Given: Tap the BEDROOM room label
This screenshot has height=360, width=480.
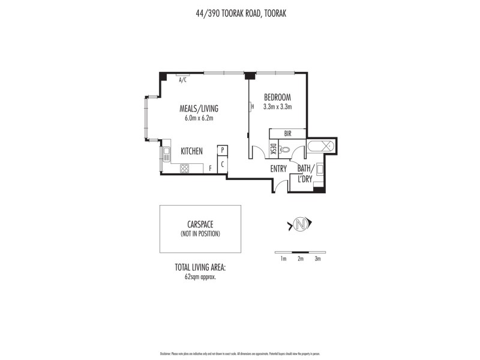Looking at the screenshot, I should [277, 97].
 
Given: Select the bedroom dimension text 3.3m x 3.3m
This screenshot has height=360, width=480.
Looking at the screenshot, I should [277, 107].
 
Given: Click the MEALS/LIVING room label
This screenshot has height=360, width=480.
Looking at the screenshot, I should [199, 109].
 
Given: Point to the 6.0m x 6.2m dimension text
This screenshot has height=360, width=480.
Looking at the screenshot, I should [199, 118].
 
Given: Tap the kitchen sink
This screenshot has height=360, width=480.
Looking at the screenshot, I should [166, 155].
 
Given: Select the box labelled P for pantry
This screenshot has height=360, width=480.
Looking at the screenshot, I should [223, 150].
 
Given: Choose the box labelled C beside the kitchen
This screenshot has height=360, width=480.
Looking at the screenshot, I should [223, 163].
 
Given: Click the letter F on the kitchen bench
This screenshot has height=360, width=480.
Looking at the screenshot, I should [211, 169].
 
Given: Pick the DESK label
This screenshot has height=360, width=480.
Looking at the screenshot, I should [274, 148].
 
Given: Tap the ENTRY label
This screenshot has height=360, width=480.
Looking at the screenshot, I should [278, 169].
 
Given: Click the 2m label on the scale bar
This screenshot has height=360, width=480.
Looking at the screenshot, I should [301, 259].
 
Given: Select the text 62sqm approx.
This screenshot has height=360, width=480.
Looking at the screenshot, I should [200, 278].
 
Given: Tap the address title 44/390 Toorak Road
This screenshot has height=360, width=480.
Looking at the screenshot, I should [240, 12].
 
